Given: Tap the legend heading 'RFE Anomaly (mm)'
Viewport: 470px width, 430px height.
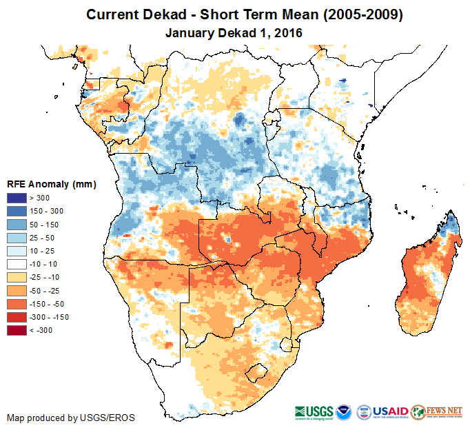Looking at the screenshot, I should [51, 185].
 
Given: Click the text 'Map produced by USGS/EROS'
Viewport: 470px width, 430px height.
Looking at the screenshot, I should [71, 418].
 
